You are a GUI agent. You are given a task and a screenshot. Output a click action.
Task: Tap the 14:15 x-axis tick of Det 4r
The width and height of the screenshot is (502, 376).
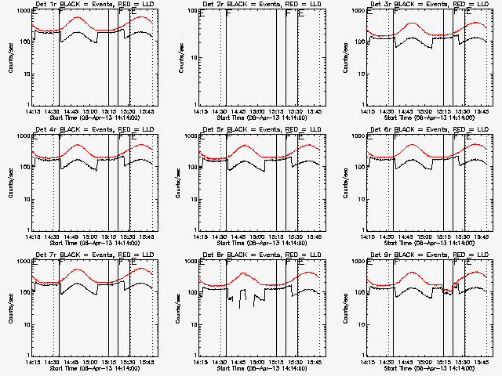(32, 237)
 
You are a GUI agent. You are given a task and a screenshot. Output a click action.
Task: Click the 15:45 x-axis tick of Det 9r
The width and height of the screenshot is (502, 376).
(482, 362)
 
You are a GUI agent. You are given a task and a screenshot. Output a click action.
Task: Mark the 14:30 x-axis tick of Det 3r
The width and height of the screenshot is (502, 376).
(387, 111)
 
